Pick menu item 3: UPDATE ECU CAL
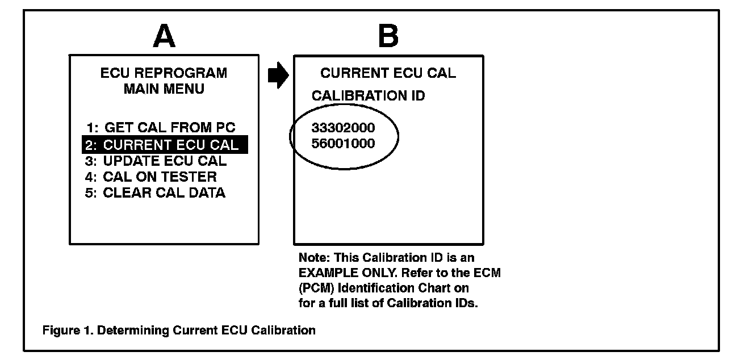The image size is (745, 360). [156, 161]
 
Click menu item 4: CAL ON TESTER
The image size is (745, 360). [152, 177]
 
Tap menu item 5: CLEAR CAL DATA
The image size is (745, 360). [156, 192]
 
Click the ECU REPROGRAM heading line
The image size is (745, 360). [164, 73]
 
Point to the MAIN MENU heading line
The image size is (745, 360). [164, 89]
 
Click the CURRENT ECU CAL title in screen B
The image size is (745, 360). [388, 73]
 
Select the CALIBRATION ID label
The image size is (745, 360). [368, 97]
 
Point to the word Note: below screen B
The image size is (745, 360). [312, 258]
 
